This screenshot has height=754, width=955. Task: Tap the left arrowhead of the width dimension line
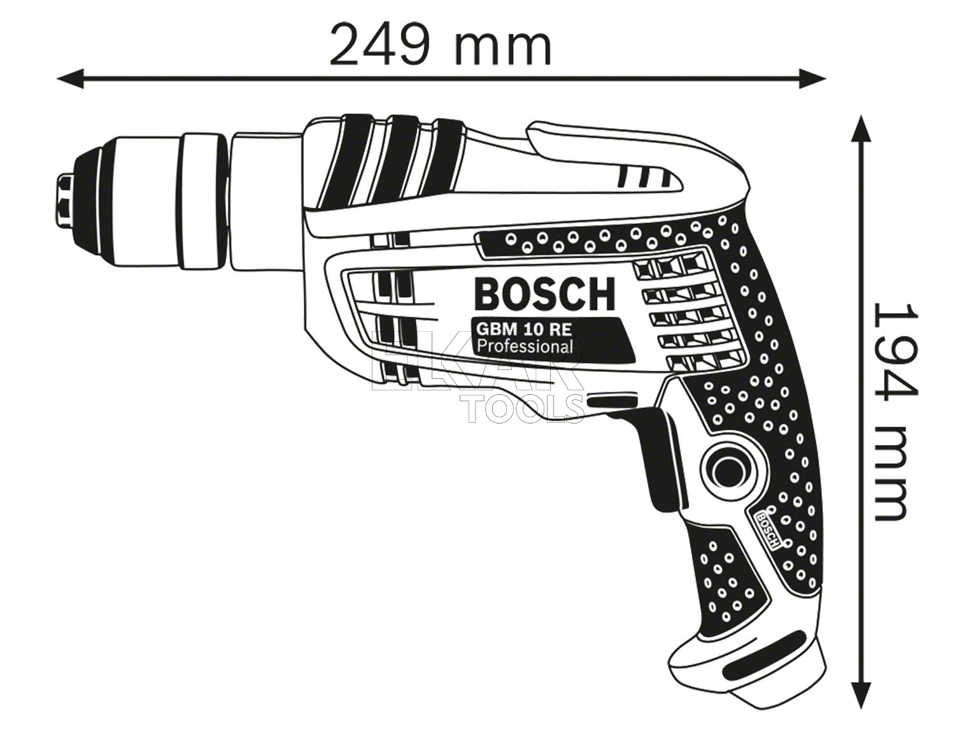[71, 79]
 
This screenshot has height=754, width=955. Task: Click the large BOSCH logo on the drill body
[545, 294]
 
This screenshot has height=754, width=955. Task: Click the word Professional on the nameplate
[524, 346]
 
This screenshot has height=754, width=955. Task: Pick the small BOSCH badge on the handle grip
[767, 529]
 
